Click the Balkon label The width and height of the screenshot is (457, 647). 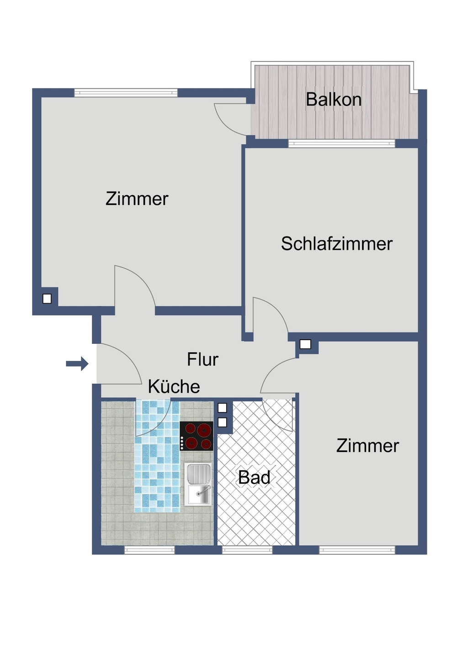tap(334, 100)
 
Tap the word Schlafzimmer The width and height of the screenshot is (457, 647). tap(337, 244)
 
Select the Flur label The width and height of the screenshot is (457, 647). tap(202, 360)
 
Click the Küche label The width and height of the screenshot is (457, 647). tap(174, 387)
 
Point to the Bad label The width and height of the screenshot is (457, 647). tap(254, 478)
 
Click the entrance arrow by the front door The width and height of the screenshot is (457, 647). tap(77, 364)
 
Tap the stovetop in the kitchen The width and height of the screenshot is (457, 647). tap(197, 436)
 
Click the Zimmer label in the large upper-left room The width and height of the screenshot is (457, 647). tap(137, 199)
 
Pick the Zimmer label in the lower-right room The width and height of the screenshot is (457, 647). tap(367, 446)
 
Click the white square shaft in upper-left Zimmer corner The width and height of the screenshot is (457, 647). tap(47, 299)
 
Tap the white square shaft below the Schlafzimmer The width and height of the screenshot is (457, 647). tap(305, 344)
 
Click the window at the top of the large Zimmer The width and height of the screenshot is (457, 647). tap(126, 93)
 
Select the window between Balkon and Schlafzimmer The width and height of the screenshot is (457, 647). tap(341, 143)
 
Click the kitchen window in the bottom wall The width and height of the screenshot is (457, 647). tap(149, 550)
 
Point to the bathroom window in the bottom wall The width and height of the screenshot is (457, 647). tap(247, 550)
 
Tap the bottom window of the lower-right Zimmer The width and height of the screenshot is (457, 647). tap(357, 550)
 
